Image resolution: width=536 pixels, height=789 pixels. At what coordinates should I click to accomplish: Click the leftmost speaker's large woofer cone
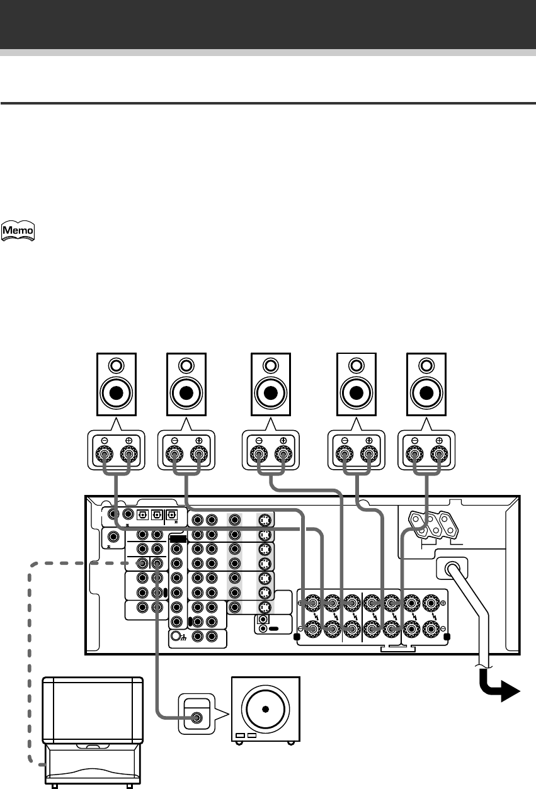tap(116, 393)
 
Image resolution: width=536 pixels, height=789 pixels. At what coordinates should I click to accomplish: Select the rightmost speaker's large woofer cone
tap(427, 393)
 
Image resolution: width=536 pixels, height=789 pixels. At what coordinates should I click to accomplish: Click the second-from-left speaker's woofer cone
tap(186, 393)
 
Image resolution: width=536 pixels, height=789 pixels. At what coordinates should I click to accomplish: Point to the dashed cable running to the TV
tap(29, 661)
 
